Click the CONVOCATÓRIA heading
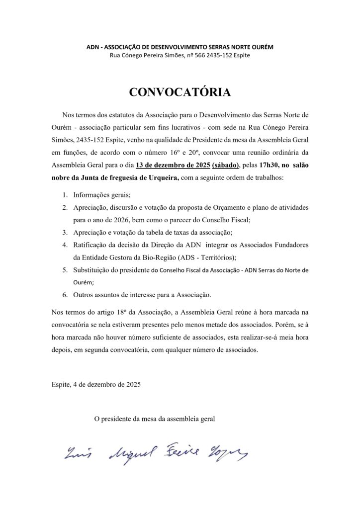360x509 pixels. [x=180, y=92]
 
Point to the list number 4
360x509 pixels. [x=65, y=245]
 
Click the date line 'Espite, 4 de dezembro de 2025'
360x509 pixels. [x=96, y=384]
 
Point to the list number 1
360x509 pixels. [x=65, y=195]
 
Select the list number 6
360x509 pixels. [x=65, y=295]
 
